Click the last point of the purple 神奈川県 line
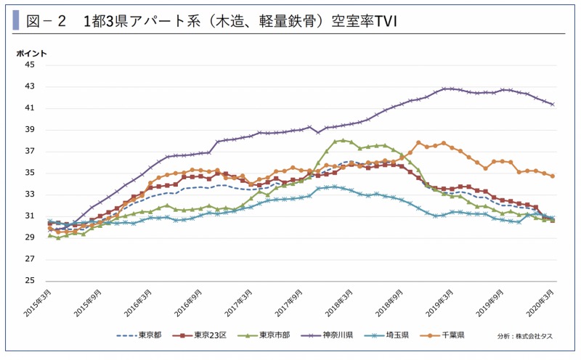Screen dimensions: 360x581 [553, 104]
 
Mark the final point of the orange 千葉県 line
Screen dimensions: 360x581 [553, 176]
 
